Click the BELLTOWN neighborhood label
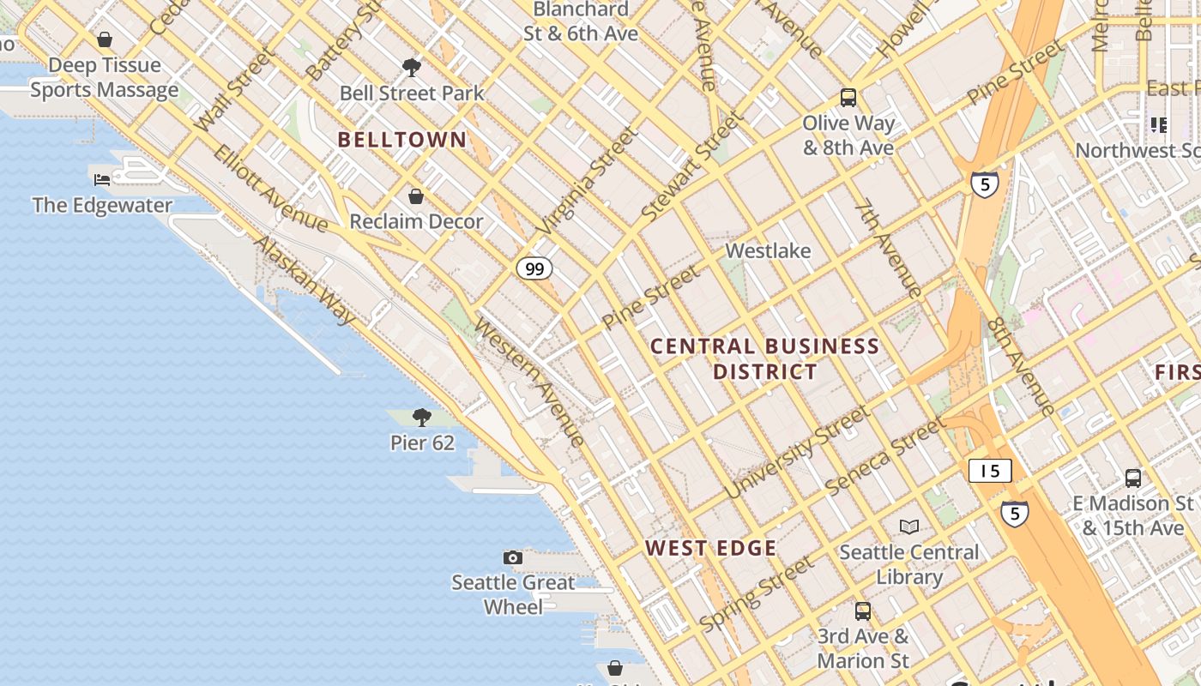click(x=402, y=140)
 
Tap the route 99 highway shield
click(x=534, y=269)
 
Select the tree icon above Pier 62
click(x=421, y=418)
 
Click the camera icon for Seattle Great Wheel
click(x=513, y=558)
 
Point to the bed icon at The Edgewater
click(x=102, y=179)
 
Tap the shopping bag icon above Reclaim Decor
click(x=416, y=196)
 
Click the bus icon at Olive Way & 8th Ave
click(x=848, y=98)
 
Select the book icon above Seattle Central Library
click(x=909, y=527)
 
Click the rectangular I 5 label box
click(x=990, y=471)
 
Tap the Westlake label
click(x=768, y=251)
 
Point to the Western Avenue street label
click(x=530, y=382)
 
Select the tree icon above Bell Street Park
click(x=412, y=67)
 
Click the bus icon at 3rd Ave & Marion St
click(x=863, y=611)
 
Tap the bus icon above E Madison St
click(x=1133, y=478)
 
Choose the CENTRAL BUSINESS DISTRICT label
click(x=764, y=358)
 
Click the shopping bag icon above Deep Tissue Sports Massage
click(x=105, y=39)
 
